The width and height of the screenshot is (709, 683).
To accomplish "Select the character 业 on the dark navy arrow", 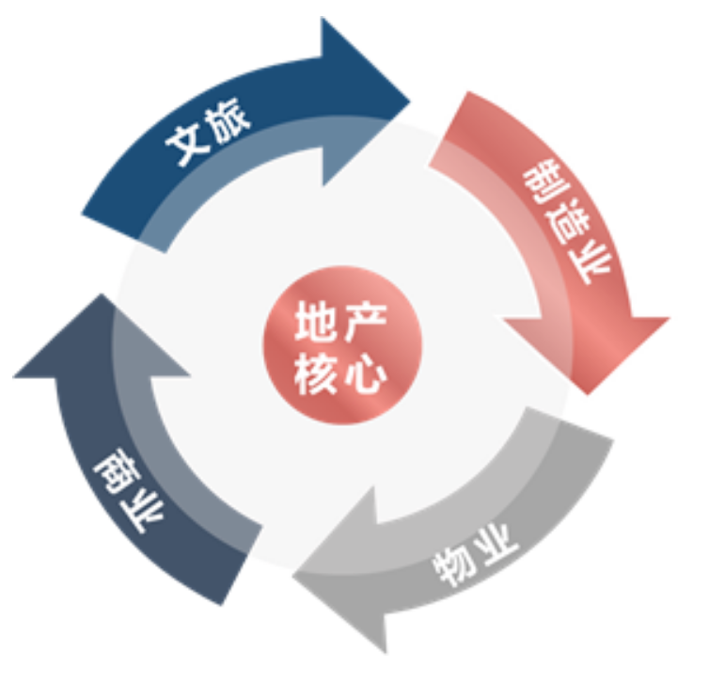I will pyautogui.click(x=142, y=515).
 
